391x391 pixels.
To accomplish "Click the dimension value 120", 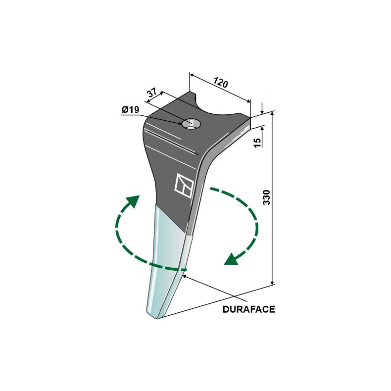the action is (221, 83).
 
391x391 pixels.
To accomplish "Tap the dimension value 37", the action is (152, 92).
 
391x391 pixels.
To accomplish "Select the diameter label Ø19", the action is (131, 109).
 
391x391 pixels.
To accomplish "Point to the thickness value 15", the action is (257, 142).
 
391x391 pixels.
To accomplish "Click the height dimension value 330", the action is (266, 197).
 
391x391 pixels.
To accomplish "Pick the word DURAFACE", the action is (248, 309).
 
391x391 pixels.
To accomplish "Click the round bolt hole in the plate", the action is (192, 124).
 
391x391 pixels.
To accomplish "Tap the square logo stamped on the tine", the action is (184, 186).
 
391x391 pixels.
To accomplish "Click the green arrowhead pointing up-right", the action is (134, 201).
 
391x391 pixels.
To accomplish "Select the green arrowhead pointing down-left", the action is (231, 259).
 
